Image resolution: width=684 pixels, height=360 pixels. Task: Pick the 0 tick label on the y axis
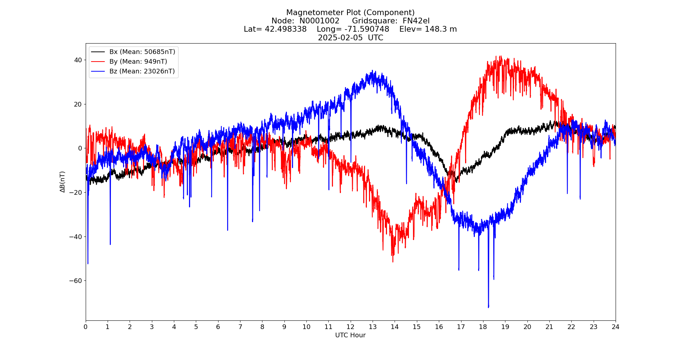(80, 148)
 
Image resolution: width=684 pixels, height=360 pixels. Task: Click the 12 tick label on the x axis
(350, 327)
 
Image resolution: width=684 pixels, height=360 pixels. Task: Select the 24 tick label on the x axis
(615, 327)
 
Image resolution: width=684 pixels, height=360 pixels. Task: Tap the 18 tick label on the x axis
(483, 327)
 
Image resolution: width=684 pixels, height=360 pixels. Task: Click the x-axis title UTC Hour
(350, 335)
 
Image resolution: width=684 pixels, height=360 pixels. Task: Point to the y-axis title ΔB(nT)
(63, 182)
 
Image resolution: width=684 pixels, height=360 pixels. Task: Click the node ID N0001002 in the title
(319, 21)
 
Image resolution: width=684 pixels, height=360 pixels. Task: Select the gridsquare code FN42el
(416, 21)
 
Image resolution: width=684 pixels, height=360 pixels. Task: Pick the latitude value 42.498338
(285, 29)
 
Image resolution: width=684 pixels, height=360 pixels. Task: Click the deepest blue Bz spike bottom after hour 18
(489, 307)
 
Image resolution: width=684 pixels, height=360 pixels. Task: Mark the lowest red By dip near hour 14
(393, 262)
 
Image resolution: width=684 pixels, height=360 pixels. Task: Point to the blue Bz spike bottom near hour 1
(110, 244)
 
